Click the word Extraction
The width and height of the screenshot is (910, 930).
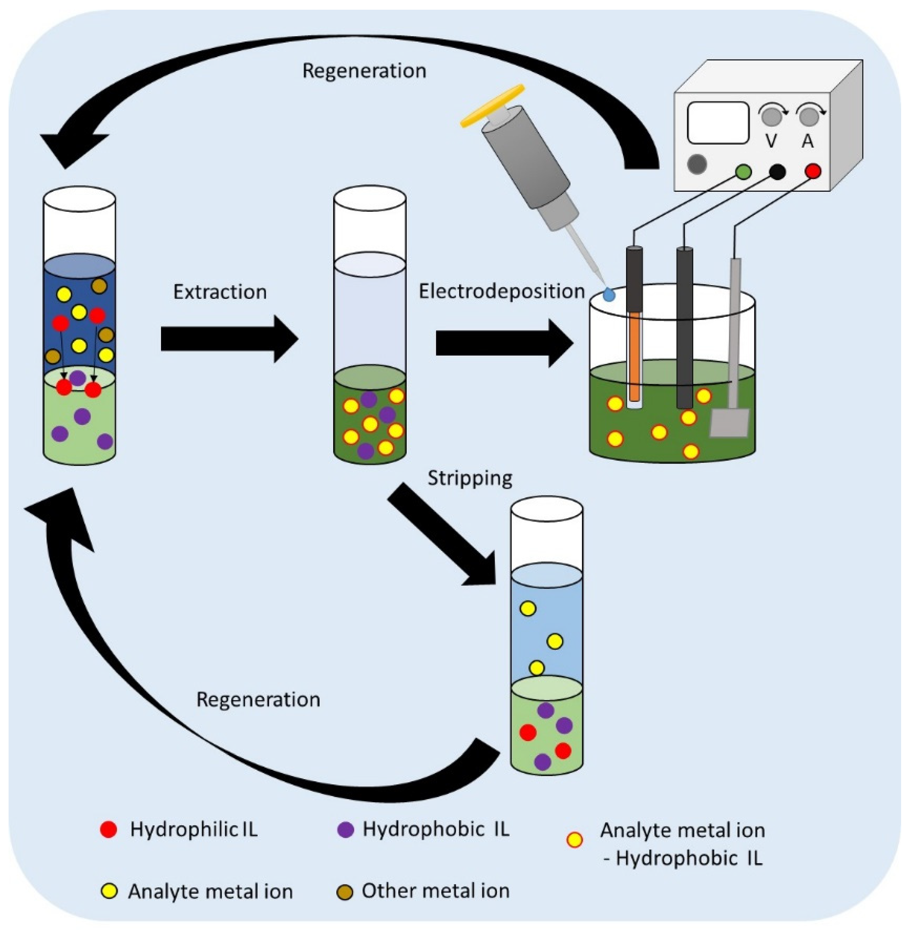point(220,292)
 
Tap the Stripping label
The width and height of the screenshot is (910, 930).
point(470,478)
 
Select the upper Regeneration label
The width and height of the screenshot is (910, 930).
point(364,71)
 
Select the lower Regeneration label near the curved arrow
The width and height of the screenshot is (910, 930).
point(258,699)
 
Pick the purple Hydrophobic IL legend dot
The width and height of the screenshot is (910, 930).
point(345,830)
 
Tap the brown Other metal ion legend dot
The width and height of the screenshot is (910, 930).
point(345,892)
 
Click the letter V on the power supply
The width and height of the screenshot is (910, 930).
point(771,141)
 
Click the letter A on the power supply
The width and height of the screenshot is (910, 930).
point(807,141)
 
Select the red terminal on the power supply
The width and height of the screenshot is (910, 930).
point(813,171)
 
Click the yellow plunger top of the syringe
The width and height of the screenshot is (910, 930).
point(492,106)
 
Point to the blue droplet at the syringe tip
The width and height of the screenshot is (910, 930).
point(608,295)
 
